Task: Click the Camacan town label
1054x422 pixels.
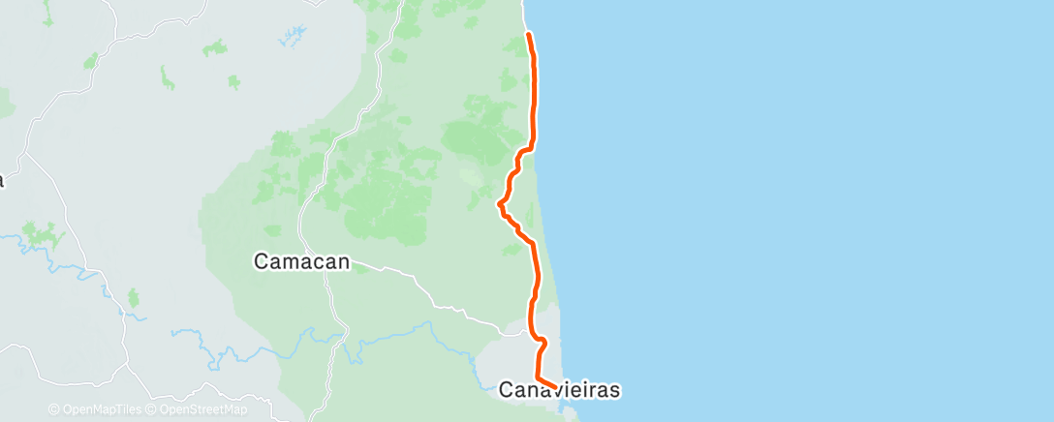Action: pyautogui.click(x=301, y=261)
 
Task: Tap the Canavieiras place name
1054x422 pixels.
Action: pyautogui.click(x=559, y=390)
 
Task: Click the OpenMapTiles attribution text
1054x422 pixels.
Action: pyautogui.click(x=95, y=409)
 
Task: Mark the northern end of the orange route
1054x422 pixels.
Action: pyautogui.click(x=528, y=34)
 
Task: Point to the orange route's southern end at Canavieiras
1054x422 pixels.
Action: pyautogui.click(x=555, y=389)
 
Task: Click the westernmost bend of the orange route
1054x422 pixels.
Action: pyautogui.click(x=499, y=204)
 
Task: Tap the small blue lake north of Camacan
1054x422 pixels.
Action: pyautogui.click(x=291, y=40)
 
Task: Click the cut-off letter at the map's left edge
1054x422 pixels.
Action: pyautogui.click(x=2, y=180)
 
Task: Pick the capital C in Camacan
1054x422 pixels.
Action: pyautogui.click(x=261, y=261)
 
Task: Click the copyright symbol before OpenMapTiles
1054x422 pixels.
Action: pyautogui.click(x=53, y=409)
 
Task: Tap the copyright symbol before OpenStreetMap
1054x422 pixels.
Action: pyautogui.click(x=150, y=409)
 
